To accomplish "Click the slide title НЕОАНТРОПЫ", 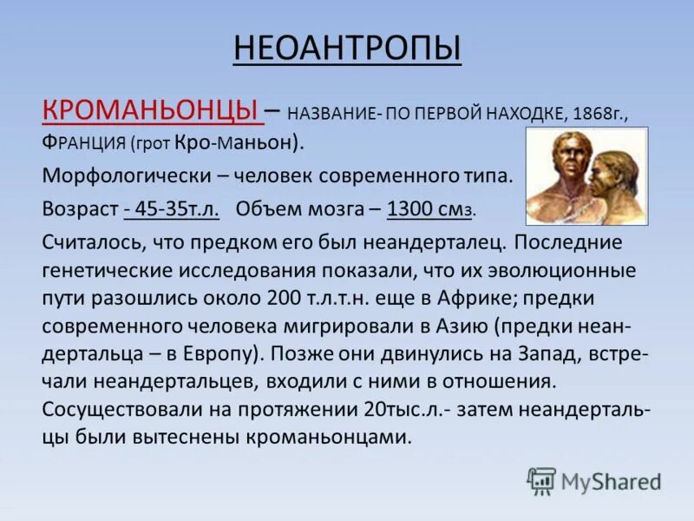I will [x=347, y=49].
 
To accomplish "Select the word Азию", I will [x=463, y=326].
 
